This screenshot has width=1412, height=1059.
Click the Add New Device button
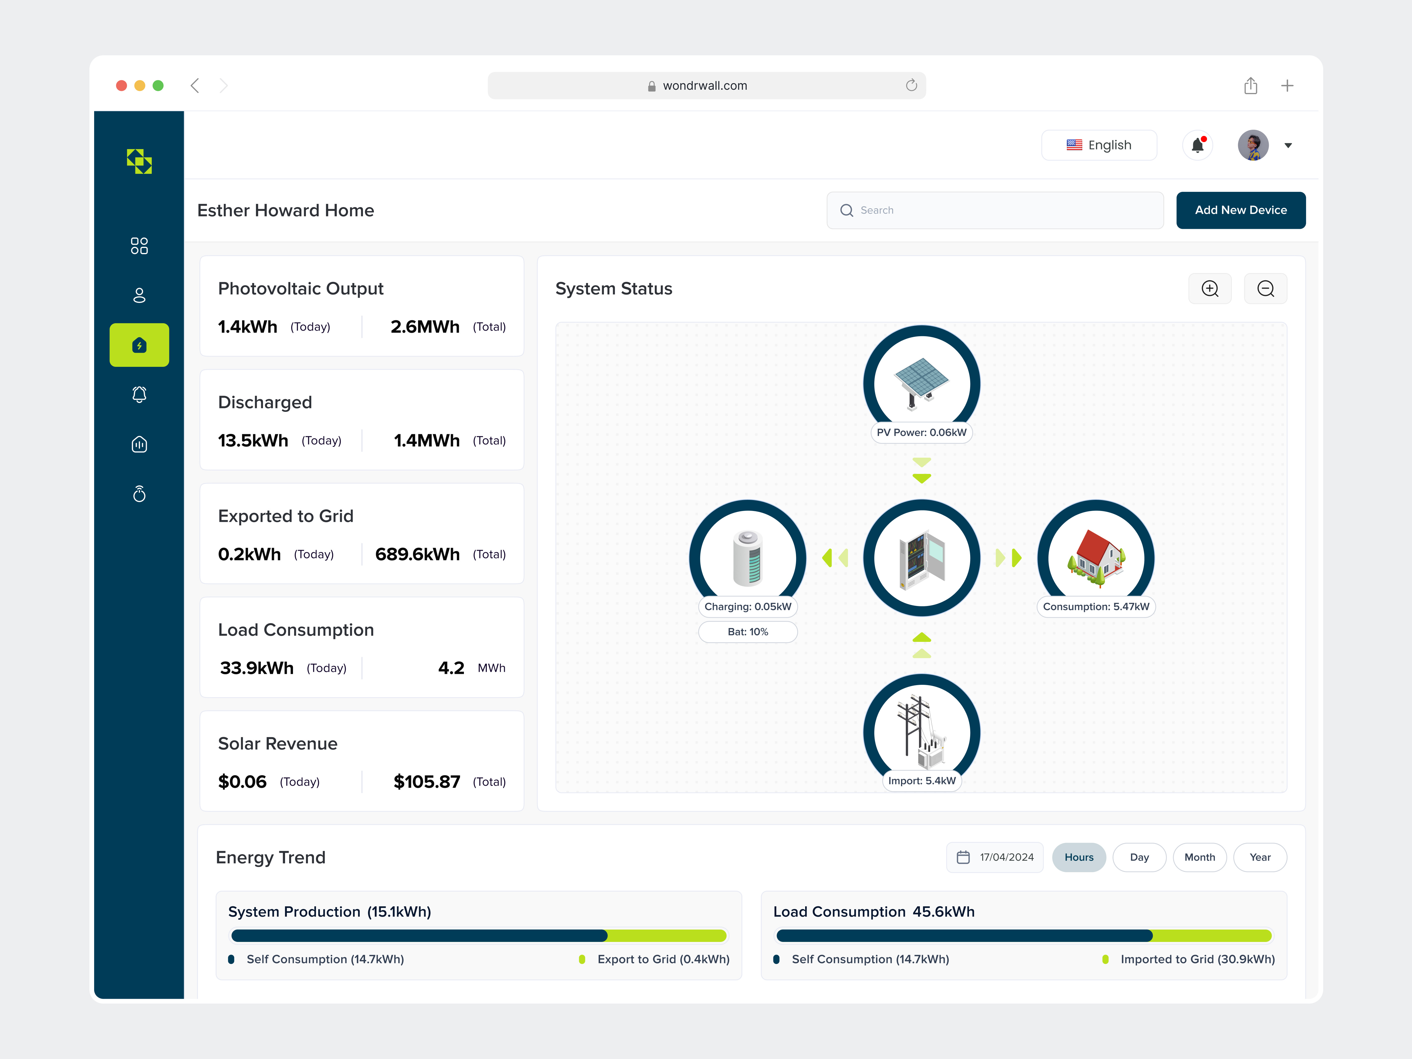(1240, 210)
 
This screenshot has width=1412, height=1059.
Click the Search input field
(995, 210)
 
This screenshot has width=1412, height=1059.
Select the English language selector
(1099, 145)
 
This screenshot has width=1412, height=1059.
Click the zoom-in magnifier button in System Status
(1210, 289)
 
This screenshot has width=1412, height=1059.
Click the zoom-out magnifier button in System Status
(1265, 289)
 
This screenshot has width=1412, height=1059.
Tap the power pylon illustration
(921, 731)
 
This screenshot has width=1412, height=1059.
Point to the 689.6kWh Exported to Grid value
(417, 554)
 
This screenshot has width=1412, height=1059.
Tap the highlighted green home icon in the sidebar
(139, 345)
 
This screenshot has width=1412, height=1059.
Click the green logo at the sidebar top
(139, 161)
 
